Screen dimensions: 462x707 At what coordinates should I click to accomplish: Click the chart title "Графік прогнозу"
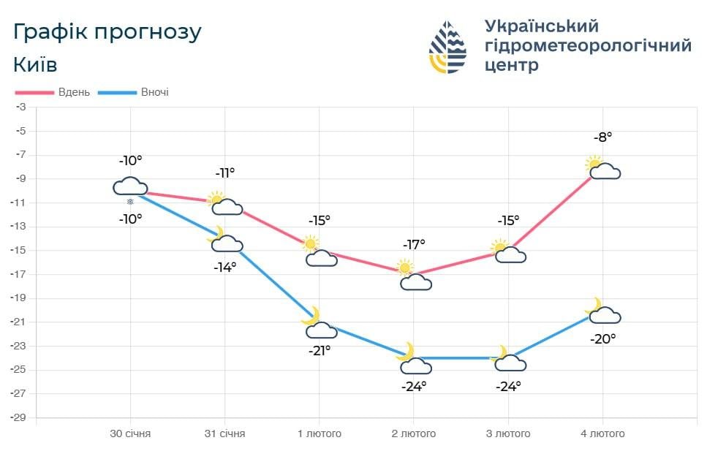(107, 32)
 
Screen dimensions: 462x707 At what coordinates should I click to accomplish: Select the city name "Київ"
(35, 64)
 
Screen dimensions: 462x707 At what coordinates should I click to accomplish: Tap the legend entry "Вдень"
(75, 92)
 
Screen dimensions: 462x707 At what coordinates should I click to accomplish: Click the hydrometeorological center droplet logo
(447, 47)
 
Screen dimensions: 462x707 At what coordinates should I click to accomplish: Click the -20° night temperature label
(603, 338)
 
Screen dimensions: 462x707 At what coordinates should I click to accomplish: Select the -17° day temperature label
(413, 244)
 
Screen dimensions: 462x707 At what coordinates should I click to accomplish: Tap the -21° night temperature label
(319, 350)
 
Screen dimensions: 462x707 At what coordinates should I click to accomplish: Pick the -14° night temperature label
(224, 268)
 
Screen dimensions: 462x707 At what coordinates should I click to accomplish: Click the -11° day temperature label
(224, 173)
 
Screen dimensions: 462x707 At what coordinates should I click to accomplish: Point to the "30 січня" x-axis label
(130, 433)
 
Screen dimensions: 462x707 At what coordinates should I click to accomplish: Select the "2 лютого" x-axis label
(413, 433)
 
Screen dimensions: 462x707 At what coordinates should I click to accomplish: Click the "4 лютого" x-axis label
(602, 433)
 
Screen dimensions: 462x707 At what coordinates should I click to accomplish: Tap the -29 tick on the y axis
(20, 417)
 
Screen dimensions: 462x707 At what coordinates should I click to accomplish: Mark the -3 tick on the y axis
(22, 107)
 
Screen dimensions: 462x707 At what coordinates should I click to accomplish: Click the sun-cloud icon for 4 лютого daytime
(602, 169)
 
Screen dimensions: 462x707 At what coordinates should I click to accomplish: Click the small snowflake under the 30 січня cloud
(131, 202)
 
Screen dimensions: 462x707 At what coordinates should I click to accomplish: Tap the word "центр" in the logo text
(512, 65)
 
